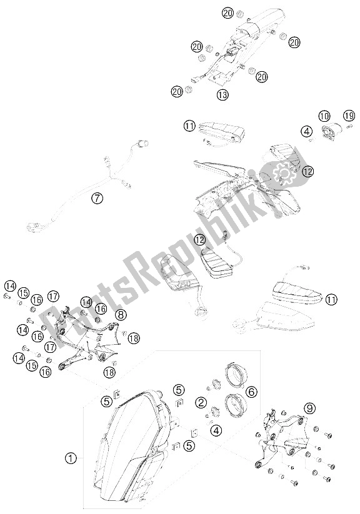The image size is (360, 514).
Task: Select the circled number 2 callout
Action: click(201, 402)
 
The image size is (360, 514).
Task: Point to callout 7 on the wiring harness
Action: click(96, 199)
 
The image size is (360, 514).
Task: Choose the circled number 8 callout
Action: click(121, 315)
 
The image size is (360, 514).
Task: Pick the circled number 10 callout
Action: click(324, 116)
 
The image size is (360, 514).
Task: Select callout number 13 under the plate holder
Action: click(222, 95)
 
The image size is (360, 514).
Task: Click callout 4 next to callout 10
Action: click(306, 131)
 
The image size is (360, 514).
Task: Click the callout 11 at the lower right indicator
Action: click(331, 300)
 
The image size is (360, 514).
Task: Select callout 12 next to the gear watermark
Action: click(306, 171)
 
